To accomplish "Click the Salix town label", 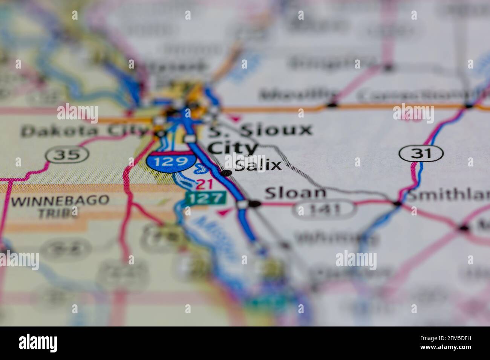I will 258,165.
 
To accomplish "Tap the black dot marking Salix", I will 226,173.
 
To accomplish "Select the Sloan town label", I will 295,193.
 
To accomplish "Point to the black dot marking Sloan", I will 255,204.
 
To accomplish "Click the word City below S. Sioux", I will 233,147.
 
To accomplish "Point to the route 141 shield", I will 325,209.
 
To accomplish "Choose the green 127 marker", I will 205,197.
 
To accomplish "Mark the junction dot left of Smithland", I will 397,203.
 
